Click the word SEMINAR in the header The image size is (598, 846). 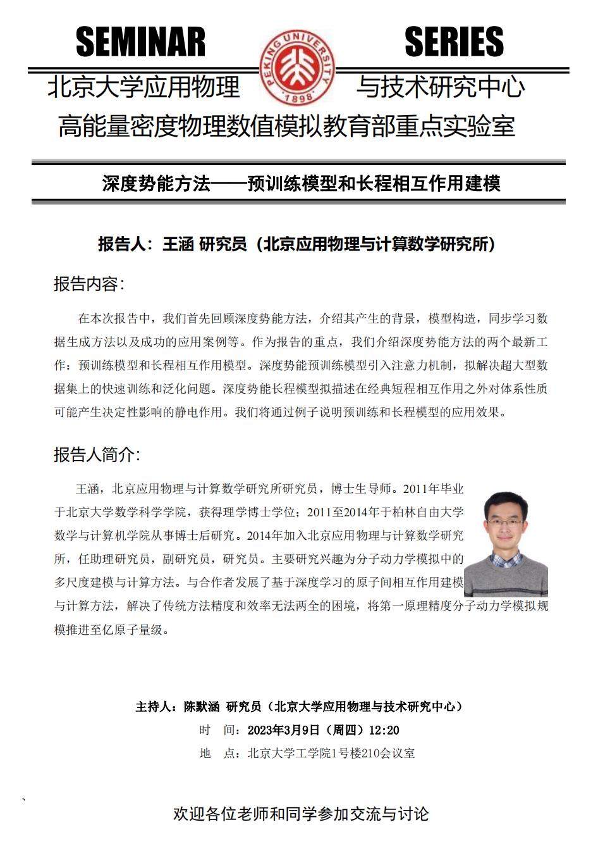click(x=140, y=42)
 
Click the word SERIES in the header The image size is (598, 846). click(x=454, y=42)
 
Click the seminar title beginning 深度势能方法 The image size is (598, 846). click(x=301, y=184)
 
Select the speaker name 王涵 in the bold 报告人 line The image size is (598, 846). click(x=178, y=244)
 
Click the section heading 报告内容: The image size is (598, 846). click(x=89, y=284)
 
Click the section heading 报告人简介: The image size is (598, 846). click(x=97, y=454)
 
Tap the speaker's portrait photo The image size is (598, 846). click(x=506, y=544)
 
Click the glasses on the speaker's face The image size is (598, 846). click(x=504, y=523)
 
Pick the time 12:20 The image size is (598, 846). click(x=384, y=730)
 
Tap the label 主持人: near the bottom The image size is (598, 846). click(x=156, y=707)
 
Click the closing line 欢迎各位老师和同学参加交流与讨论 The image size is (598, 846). click(x=301, y=814)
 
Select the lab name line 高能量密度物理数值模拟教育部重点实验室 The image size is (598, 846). click(x=286, y=126)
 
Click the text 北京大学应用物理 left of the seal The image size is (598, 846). click(x=143, y=87)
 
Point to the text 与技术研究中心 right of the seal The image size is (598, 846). click(x=441, y=87)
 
